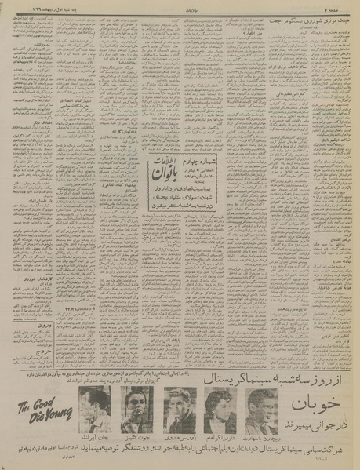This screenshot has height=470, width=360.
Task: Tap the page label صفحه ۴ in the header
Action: point(338,6)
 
